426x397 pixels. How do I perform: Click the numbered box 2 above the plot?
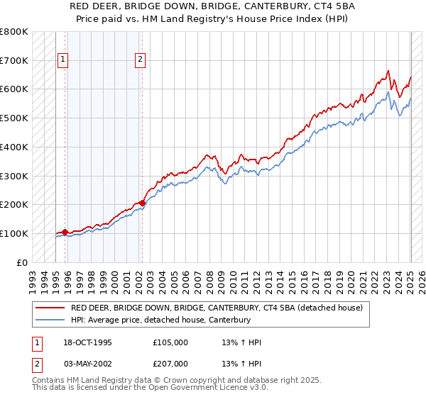(x=141, y=60)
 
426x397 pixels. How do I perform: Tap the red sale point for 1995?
(x=65, y=232)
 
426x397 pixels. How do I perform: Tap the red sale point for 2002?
(x=142, y=203)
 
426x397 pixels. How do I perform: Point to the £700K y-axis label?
(x=15, y=60)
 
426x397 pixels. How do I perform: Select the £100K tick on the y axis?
(x=15, y=233)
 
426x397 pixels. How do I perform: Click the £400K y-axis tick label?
(x=15, y=147)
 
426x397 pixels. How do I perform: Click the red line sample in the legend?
(x=50, y=308)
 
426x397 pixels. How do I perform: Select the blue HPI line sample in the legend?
(x=50, y=320)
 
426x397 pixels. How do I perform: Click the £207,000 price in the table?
(x=170, y=364)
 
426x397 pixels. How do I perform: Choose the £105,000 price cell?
(x=170, y=342)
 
